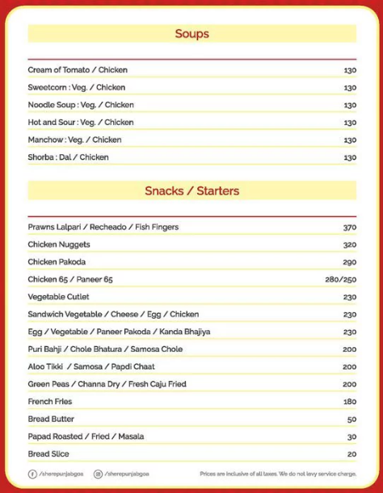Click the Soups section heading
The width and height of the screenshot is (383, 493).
point(191,34)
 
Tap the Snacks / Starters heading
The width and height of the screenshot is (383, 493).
point(191,191)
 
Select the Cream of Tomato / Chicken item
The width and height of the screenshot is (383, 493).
point(78,70)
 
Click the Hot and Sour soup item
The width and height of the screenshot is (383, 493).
point(80,123)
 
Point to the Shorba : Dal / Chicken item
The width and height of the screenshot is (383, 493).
point(68,157)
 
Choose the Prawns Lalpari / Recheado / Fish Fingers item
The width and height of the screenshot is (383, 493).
point(103,228)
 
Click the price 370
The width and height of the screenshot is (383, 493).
point(349,228)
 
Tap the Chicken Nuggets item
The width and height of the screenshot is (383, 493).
point(59,244)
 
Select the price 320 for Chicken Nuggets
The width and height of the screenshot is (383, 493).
point(349,244)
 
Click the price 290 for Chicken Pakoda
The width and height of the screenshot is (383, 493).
point(349,262)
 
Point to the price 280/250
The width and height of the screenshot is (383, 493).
point(341,279)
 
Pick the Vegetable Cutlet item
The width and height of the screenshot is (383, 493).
point(58,297)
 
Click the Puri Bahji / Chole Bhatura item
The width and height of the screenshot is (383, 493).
point(105,349)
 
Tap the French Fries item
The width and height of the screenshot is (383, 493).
point(51,402)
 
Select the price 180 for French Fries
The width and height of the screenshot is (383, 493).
point(349,402)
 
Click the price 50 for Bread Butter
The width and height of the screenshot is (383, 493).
point(351,420)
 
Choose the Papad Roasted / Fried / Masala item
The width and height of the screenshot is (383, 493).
point(86,437)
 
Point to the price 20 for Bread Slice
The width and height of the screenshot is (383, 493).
point(351,454)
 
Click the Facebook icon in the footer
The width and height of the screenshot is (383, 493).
point(32,474)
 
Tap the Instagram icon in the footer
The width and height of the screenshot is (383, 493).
point(98,474)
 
